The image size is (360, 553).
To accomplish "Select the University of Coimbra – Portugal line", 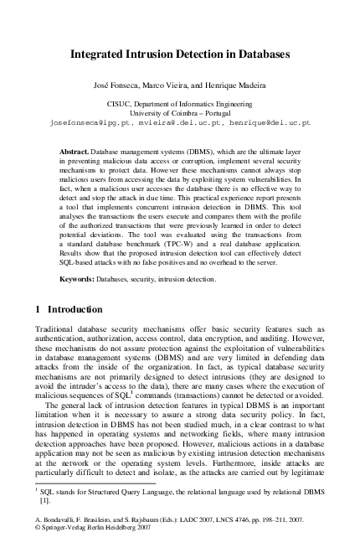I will [180, 112].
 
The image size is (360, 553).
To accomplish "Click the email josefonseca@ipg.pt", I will [80, 121].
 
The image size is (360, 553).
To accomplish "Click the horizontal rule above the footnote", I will [84, 483].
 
